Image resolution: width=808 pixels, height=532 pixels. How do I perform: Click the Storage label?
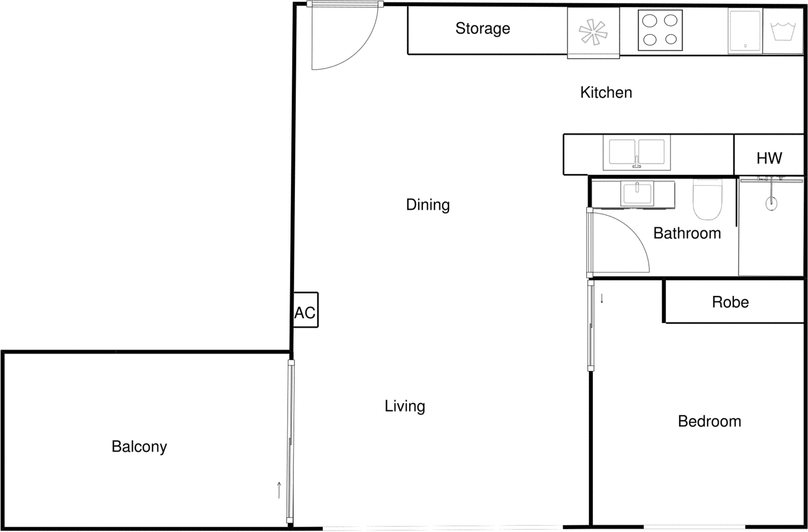tap(482, 28)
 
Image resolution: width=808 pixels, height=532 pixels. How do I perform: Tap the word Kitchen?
tap(606, 92)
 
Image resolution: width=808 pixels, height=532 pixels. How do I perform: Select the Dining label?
tap(428, 205)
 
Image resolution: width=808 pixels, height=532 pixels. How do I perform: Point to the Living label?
tap(405, 406)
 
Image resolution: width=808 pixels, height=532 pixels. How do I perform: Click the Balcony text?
tap(139, 447)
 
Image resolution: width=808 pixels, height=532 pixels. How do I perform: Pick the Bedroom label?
tap(709, 421)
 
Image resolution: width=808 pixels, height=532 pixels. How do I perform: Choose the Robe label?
tap(730, 302)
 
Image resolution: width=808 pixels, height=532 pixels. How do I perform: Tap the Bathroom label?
tap(687, 233)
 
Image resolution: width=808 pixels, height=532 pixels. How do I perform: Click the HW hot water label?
tap(769, 158)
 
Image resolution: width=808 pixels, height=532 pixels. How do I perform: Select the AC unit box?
tap(306, 310)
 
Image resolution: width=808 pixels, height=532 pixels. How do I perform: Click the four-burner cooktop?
tap(660, 30)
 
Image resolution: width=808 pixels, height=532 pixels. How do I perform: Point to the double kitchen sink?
tap(636, 152)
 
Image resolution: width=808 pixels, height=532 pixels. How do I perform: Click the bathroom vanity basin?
tap(637, 194)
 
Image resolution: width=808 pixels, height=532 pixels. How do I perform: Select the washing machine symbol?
tap(783, 31)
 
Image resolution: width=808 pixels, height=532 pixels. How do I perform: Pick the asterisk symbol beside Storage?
tap(593, 32)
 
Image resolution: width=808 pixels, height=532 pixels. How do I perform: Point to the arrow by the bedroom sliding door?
tap(602, 299)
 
